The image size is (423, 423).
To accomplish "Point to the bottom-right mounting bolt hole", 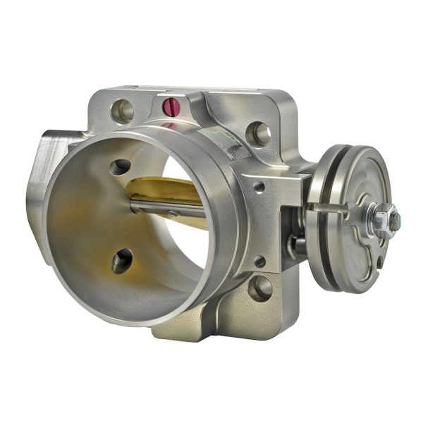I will click(x=260, y=287).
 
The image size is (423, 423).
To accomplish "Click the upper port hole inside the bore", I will click(x=121, y=167).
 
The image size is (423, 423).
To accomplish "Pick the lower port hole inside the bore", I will click(x=121, y=260).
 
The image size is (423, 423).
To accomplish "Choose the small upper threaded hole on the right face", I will click(x=259, y=187).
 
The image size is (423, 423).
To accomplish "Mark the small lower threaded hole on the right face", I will click(x=259, y=261).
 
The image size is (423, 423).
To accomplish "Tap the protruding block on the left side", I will click(x=46, y=176).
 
